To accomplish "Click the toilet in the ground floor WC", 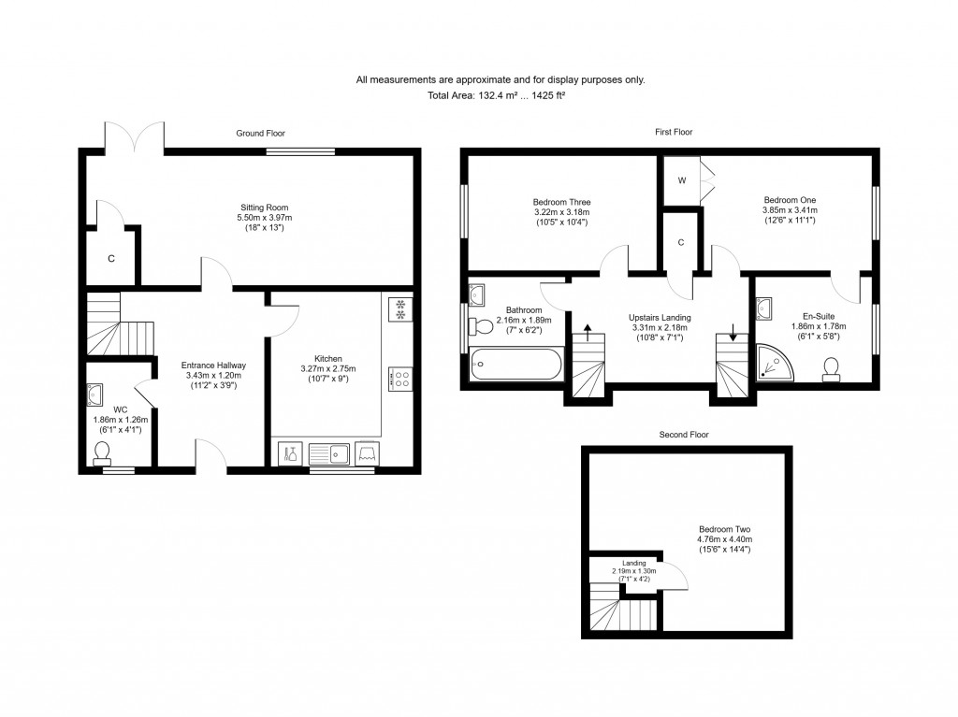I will [103, 452].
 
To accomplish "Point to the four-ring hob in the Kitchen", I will [399, 380].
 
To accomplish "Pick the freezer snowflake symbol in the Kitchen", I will [399, 308].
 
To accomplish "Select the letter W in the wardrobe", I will [682, 180].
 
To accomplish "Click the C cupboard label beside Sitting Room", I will [110, 258].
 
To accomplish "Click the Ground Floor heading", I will [260, 134].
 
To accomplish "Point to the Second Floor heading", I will [684, 435].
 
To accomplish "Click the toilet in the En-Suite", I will [829, 370].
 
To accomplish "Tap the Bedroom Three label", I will [561, 201].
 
